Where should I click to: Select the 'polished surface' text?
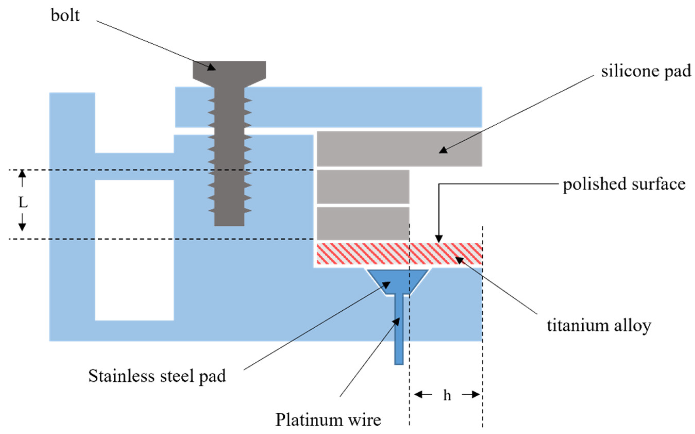(x=624, y=184)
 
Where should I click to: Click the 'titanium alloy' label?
(x=599, y=326)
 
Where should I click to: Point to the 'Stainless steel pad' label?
(x=157, y=376)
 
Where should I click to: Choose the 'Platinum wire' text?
(x=328, y=420)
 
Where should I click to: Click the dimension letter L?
(x=23, y=203)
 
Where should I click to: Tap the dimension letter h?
(x=447, y=396)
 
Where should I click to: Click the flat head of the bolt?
(x=229, y=70)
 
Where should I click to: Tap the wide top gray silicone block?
(x=399, y=149)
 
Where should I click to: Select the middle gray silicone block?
(x=363, y=186)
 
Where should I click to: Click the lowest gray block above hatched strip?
(x=363, y=223)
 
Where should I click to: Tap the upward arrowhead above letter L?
(x=22, y=174)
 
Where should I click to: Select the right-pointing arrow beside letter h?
(x=471, y=395)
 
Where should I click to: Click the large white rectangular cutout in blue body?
(x=134, y=250)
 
